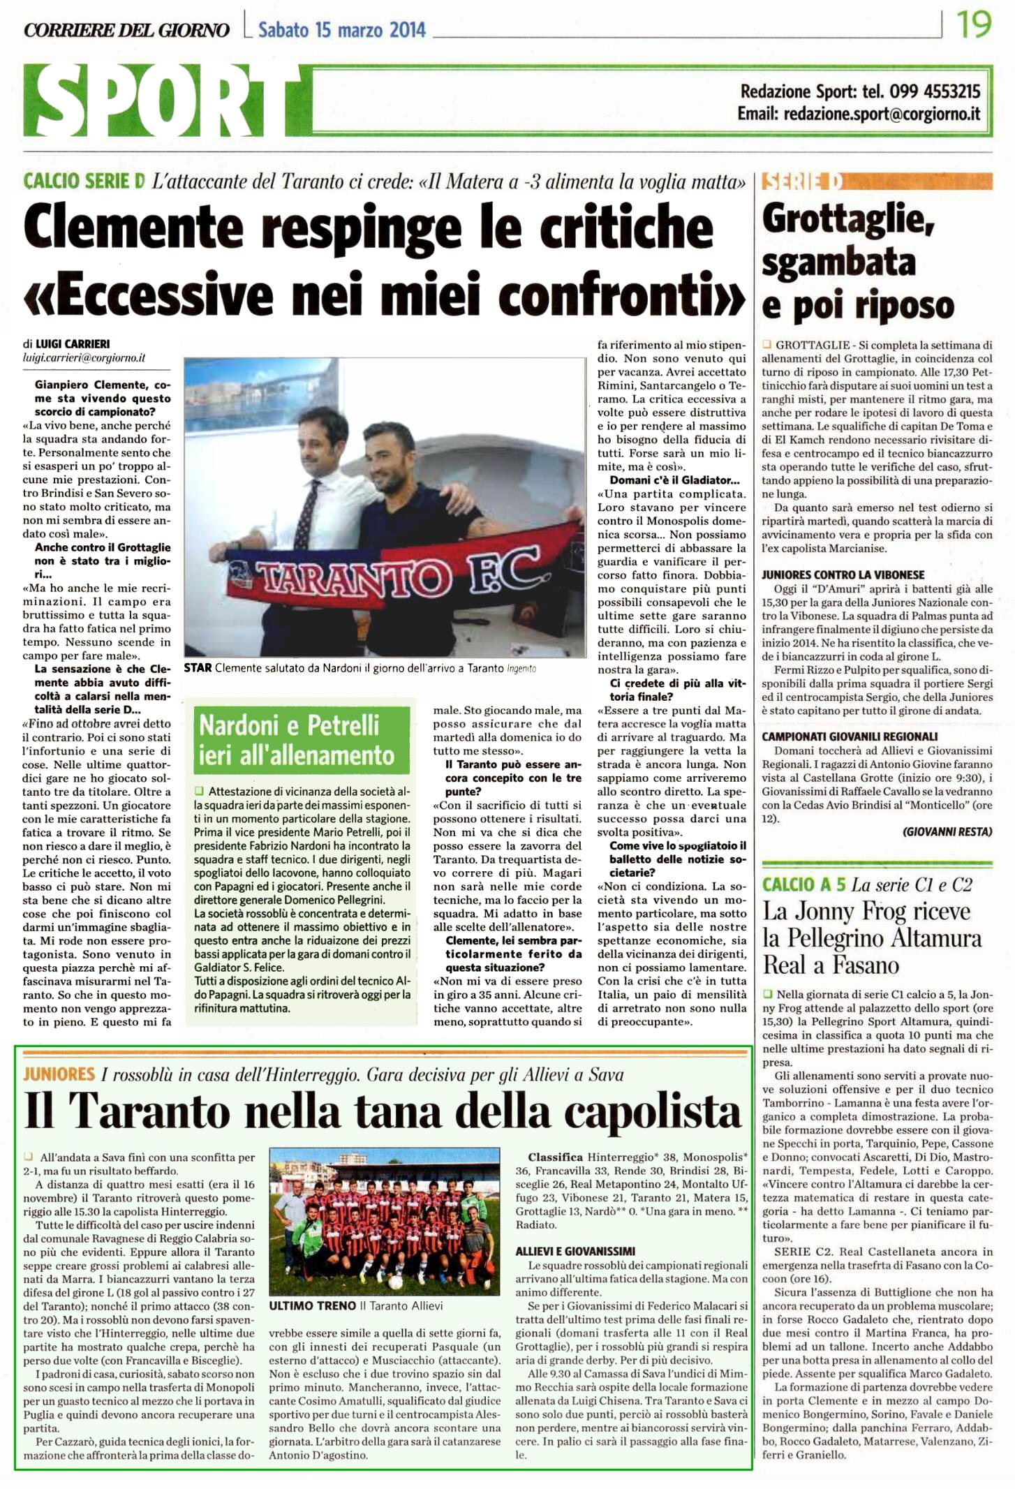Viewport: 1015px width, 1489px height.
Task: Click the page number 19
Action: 974,24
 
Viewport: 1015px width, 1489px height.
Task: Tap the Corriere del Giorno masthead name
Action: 126,30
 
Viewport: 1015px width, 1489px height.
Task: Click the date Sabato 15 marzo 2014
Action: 341,30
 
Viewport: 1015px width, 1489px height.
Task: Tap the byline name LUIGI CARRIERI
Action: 73,344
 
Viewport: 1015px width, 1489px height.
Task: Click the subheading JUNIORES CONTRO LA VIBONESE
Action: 843,575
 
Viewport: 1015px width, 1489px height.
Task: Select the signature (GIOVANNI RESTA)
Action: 947,831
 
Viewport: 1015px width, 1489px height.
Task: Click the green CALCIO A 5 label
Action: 803,885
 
